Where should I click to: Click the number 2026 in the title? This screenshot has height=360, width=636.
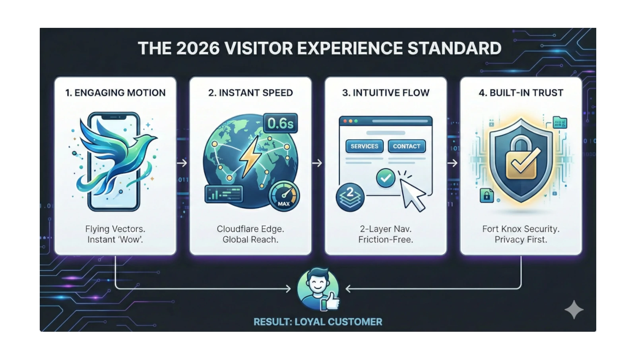198,49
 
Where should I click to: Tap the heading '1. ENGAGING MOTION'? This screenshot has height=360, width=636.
115,93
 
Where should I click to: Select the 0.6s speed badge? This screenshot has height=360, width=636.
280,124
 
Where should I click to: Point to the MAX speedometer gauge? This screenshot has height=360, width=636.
284,196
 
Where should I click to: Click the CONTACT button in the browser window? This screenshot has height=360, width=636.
406,146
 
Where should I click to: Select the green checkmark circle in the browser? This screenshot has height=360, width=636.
385,178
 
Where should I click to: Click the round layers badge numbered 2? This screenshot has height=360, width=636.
350,197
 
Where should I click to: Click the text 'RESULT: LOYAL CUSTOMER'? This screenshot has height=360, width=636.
318,322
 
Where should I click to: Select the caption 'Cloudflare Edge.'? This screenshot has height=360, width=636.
250,229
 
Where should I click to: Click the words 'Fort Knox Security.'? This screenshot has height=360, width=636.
521,229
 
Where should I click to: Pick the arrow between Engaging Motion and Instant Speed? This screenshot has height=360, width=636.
182,163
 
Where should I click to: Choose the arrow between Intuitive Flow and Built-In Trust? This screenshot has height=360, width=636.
453,163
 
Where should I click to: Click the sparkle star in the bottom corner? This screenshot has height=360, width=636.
574,310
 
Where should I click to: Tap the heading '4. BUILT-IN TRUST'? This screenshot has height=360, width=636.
521,93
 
